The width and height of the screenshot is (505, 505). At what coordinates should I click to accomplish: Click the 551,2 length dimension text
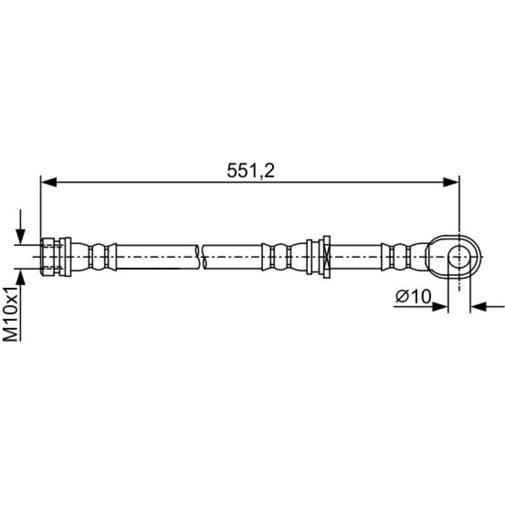(x=251, y=171)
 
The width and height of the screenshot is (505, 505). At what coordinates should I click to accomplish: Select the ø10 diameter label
(x=413, y=296)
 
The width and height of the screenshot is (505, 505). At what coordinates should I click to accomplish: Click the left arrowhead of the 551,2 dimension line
(x=49, y=182)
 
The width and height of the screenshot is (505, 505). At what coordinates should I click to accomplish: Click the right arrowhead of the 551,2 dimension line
(x=451, y=182)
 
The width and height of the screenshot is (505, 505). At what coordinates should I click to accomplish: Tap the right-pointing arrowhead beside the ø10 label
(x=440, y=307)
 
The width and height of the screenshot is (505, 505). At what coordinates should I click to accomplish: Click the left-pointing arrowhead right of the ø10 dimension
(x=478, y=307)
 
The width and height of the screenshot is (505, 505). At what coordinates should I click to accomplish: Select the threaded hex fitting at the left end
(x=48, y=256)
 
